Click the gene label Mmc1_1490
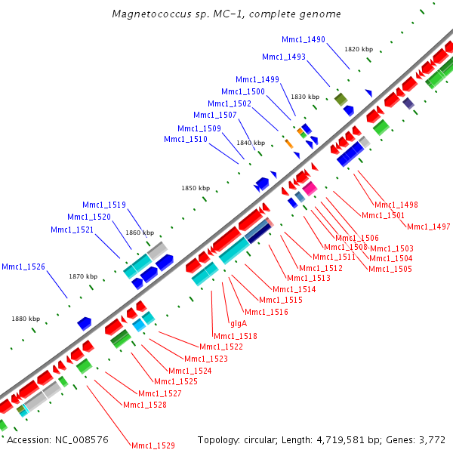[x=304, y=39]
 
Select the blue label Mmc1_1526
[x=23, y=267]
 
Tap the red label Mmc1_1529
[x=153, y=445]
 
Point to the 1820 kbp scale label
[x=359, y=49]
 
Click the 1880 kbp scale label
[x=25, y=319]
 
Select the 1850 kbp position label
[x=195, y=188]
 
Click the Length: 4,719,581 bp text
[x=323, y=439]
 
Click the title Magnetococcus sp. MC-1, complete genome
[x=226, y=14]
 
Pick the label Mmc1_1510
[x=186, y=139]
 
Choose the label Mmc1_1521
[x=72, y=230]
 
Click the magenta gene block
[x=310, y=189]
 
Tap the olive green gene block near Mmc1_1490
[x=341, y=99]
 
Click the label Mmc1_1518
[x=236, y=336]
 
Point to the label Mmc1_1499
[x=257, y=79]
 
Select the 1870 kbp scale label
[x=83, y=276]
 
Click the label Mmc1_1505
[x=390, y=269]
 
